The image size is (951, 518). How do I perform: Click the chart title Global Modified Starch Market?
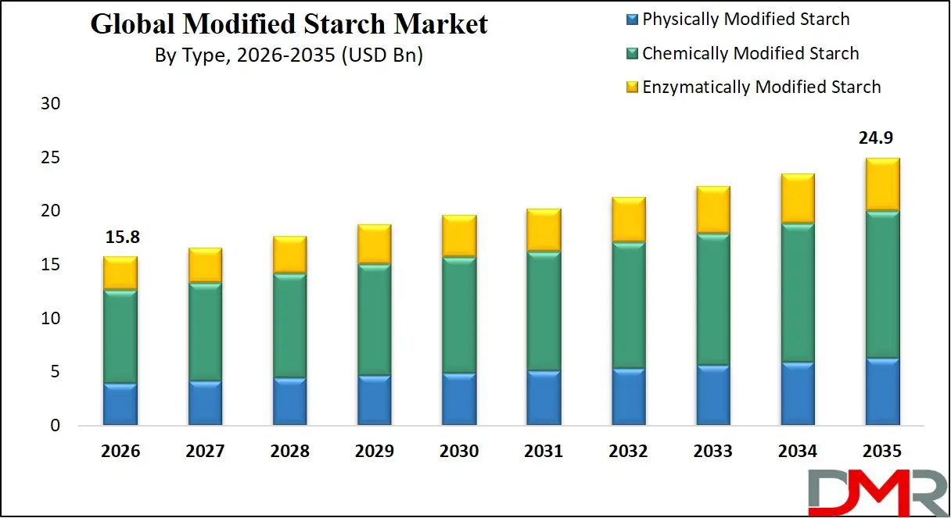(x=289, y=24)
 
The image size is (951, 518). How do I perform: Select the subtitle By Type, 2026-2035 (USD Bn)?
(x=289, y=57)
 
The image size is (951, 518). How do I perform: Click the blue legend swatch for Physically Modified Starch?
(x=633, y=20)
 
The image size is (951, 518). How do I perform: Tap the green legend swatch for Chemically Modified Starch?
(x=633, y=54)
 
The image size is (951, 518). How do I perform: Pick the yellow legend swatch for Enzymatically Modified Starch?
(x=633, y=88)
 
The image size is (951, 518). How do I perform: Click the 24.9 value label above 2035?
(x=876, y=139)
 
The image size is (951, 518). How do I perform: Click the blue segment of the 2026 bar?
(x=120, y=404)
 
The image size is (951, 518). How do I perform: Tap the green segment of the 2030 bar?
(x=459, y=315)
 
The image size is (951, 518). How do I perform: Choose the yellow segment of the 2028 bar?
(x=289, y=254)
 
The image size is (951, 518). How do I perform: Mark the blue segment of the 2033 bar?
(x=713, y=395)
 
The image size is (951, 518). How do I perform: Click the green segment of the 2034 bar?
(x=798, y=293)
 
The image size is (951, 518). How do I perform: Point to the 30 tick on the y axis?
(x=49, y=104)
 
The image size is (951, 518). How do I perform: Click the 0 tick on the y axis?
(x=55, y=426)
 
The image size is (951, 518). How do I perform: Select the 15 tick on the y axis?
(x=49, y=265)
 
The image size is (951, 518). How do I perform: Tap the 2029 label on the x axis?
(x=374, y=452)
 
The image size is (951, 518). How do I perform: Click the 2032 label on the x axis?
(x=628, y=452)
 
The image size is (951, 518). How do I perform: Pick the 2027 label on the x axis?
(x=205, y=452)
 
